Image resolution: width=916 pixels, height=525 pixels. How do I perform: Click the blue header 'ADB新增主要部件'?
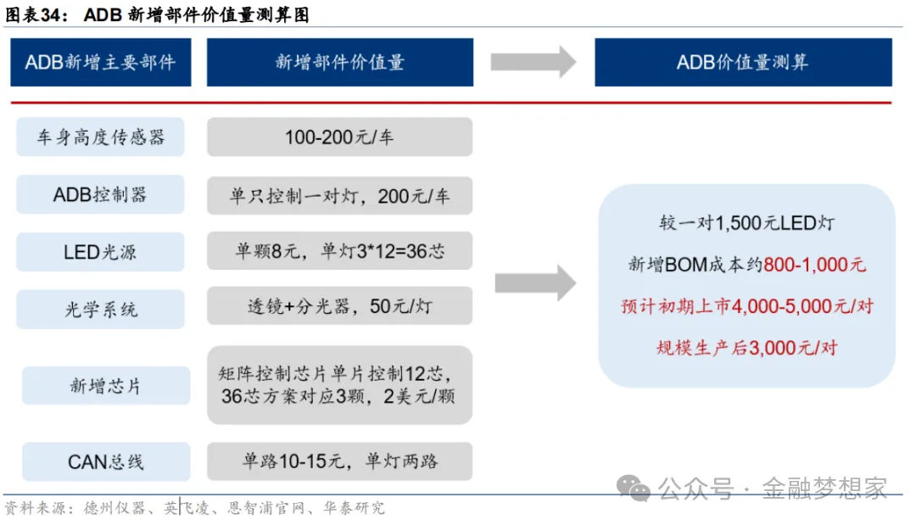click(x=101, y=62)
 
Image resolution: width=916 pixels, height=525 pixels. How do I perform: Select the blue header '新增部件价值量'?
click(x=339, y=62)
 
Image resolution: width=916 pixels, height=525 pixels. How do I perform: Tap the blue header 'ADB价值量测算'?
click(x=743, y=62)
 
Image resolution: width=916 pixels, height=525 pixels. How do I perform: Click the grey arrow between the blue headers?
click(x=533, y=62)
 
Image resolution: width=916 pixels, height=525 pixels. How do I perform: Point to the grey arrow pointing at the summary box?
click(x=535, y=282)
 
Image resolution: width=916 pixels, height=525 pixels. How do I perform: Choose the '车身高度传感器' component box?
click(x=101, y=137)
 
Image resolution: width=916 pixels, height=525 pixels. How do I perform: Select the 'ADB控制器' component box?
click(x=101, y=194)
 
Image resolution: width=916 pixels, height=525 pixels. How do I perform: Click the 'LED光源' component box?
click(x=101, y=252)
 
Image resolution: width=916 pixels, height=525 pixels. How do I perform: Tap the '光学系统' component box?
click(x=101, y=310)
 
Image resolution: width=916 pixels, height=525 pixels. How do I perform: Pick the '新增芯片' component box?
click(x=106, y=386)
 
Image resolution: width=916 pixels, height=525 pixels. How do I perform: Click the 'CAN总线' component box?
click(x=106, y=461)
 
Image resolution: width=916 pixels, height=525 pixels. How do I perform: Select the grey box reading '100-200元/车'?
click(x=339, y=137)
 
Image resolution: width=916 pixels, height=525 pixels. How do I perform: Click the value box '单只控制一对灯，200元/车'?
click(x=339, y=196)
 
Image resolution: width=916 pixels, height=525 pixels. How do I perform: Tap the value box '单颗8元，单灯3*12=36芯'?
click(x=339, y=252)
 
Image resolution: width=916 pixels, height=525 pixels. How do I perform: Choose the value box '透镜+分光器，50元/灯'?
click(x=339, y=305)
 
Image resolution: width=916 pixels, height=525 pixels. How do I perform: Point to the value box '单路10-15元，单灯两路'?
click(x=339, y=461)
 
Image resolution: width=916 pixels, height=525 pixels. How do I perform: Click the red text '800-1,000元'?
click(x=815, y=265)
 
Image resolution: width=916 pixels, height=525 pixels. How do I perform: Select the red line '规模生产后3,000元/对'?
click(x=746, y=348)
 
